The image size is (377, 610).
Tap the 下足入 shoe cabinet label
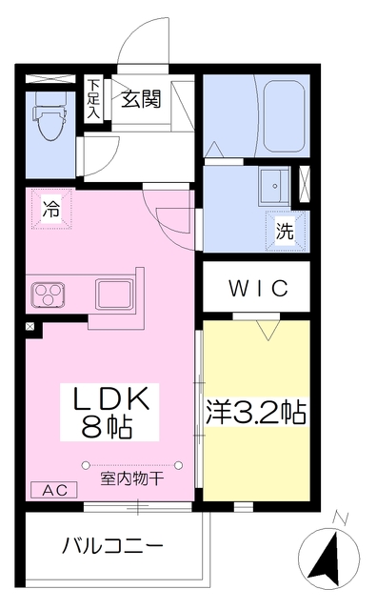[92, 98]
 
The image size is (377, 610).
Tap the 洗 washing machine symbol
[285, 230]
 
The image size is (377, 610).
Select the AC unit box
[53, 490]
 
